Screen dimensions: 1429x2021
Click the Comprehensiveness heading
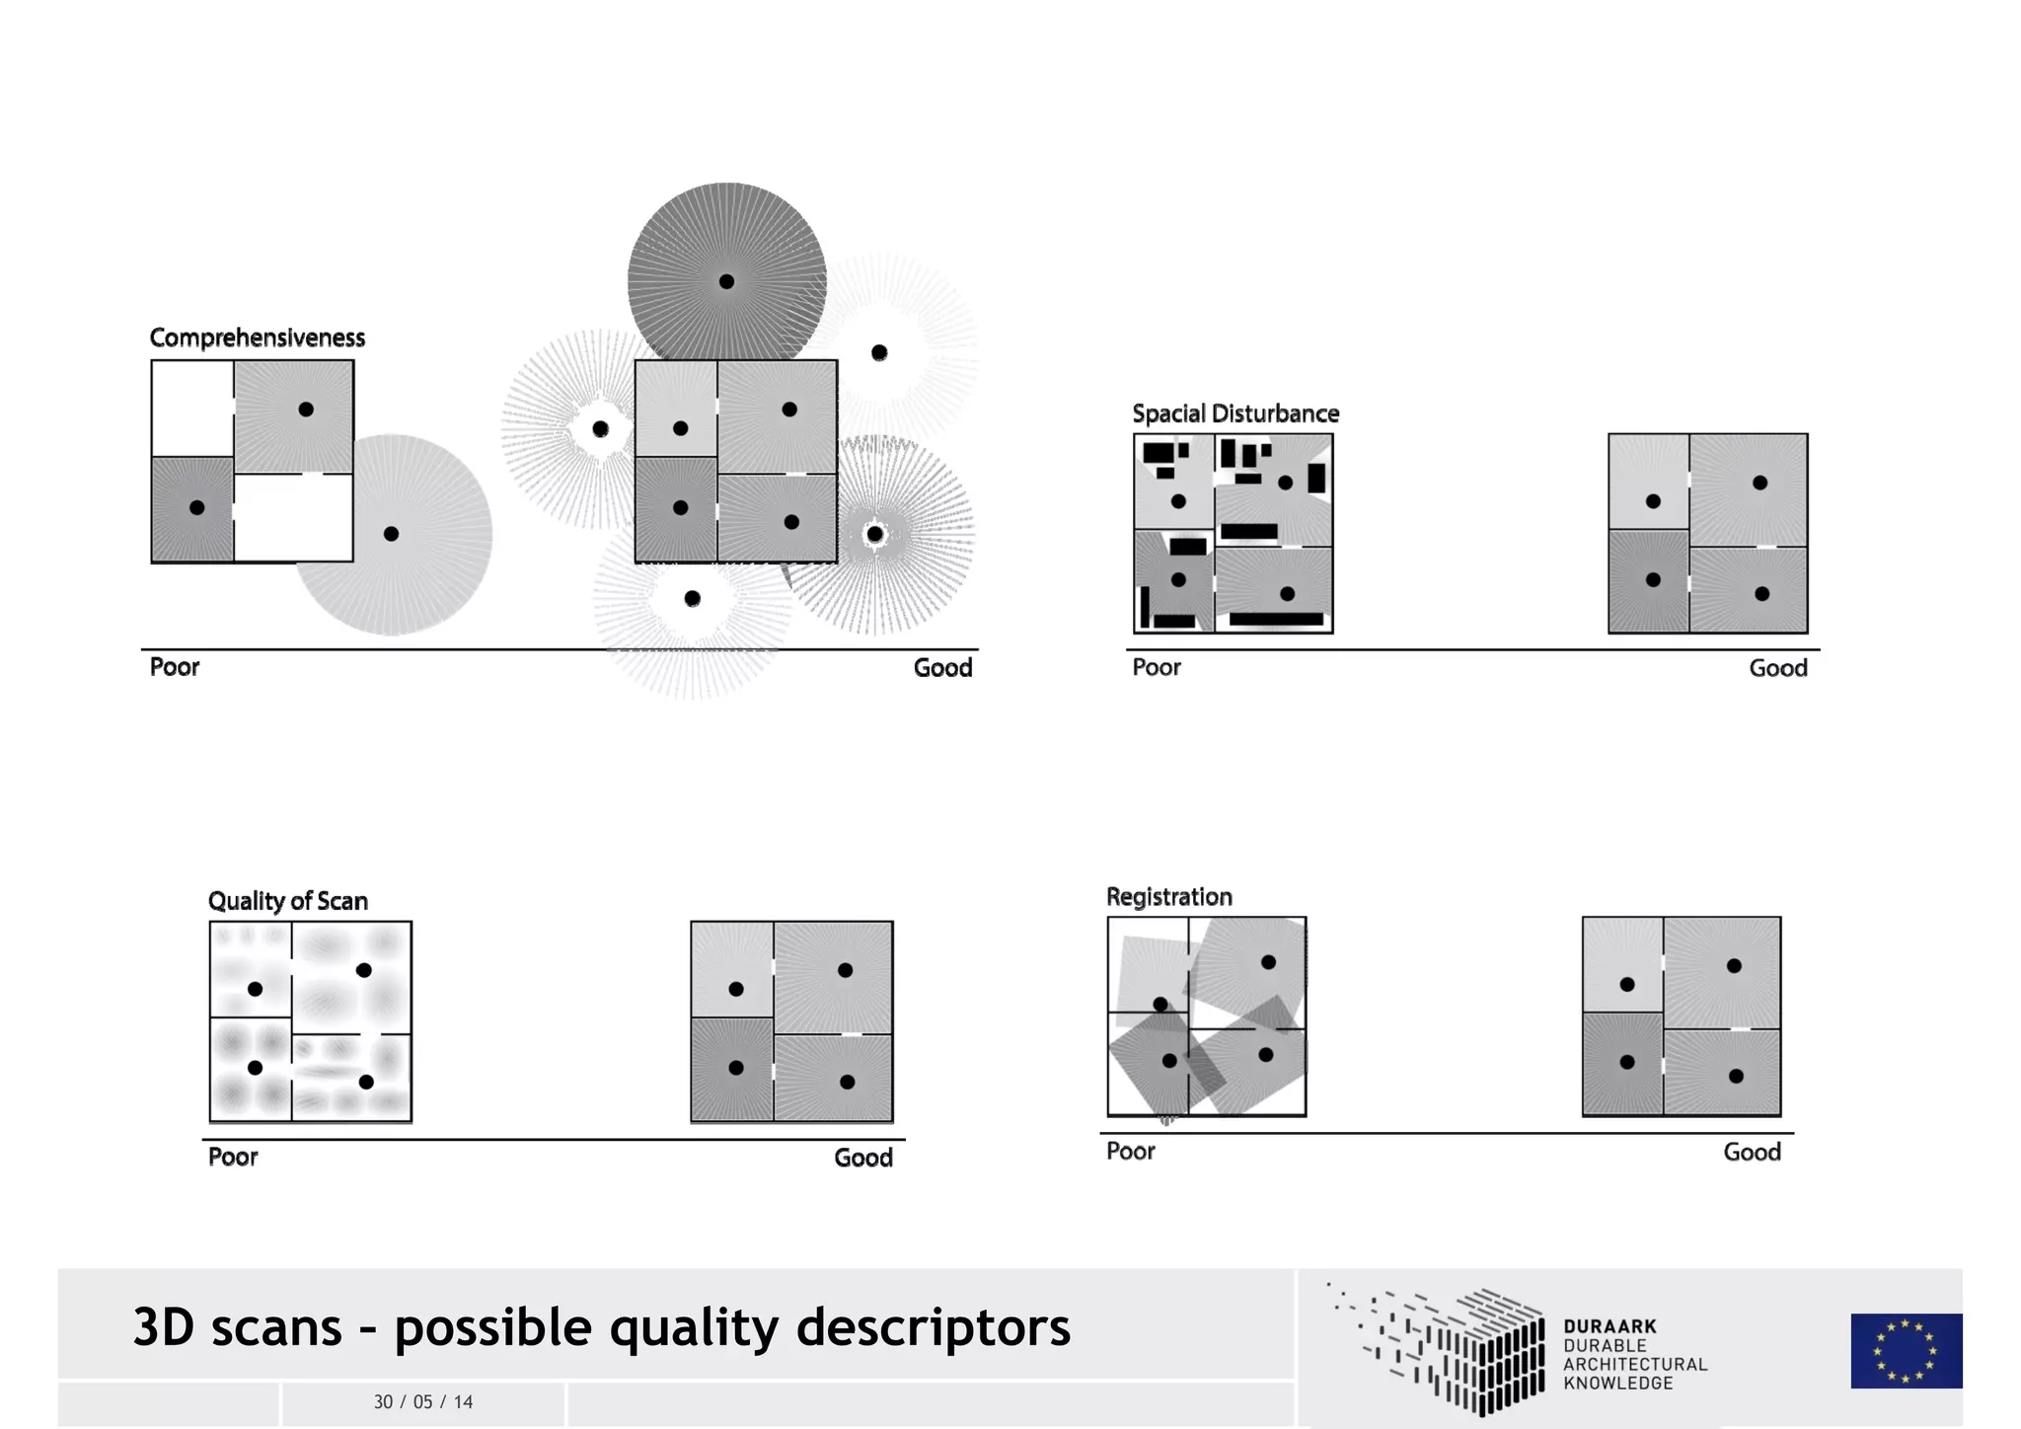(257, 338)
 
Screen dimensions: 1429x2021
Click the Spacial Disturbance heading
(1235, 414)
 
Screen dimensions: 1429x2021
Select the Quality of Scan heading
(287, 901)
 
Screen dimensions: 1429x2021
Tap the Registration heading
(1168, 897)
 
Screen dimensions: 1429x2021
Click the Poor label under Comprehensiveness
(175, 667)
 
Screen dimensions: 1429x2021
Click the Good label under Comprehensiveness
(942, 668)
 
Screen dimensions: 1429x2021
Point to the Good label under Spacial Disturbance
(1777, 668)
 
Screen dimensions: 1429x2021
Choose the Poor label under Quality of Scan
(233, 1157)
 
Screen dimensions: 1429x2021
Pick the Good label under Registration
(1752, 1152)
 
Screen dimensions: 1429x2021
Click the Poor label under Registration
(1130, 1151)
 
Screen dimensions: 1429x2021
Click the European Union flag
(1906, 1350)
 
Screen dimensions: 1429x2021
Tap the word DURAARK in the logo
(1609, 1326)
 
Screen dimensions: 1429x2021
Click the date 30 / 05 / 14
(423, 1401)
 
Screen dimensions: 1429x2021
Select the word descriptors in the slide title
(933, 1326)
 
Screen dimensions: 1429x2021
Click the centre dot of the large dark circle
(726, 281)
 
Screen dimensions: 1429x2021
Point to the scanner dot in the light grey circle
(391, 534)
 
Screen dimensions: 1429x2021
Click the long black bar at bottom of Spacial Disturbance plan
(1275, 620)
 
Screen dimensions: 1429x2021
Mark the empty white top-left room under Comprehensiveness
(192, 408)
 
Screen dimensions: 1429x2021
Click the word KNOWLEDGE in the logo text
(1617, 1384)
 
